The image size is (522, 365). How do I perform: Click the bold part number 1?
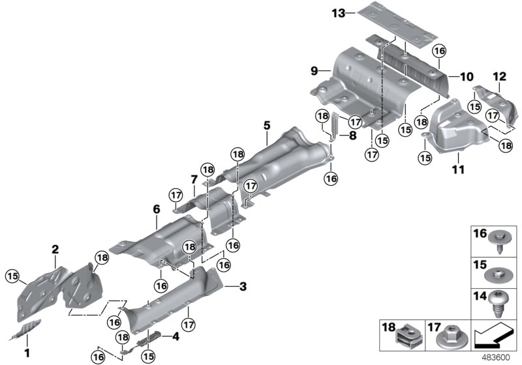[27, 353]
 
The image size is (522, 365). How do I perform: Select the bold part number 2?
[55, 249]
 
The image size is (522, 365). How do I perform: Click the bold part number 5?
[266, 124]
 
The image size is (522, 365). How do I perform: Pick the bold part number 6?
[156, 209]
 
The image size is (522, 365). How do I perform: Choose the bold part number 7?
[194, 179]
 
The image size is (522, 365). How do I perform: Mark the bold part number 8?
[352, 136]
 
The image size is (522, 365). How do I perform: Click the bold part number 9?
[314, 70]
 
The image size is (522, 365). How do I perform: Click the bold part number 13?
[337, 13]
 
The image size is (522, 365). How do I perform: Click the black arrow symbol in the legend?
[494, 336]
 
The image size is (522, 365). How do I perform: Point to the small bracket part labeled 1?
[26, 330]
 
